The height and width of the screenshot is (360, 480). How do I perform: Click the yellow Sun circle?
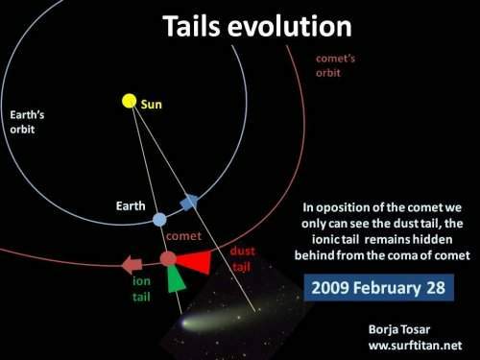pyautogui.click(x=130, y=101)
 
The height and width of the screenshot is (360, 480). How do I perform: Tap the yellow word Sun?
pyautogui.click(x=152, y=105)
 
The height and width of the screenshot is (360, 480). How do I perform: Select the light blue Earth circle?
pyautogui.click(x=159, y=220)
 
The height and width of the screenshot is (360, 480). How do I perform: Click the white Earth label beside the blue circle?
pyautogui.click(x=131, y=205)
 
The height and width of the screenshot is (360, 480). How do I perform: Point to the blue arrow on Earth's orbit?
pyautogui.click(x=189, y=202)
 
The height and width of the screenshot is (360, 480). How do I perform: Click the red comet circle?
pyautogui.click(x=168, y=258)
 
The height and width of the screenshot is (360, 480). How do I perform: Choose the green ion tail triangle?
pyautogui.click(x=176, y=279)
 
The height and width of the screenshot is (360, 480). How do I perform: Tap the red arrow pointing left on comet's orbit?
pyautogui.click(x=132, y=265)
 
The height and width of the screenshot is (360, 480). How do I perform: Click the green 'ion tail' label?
pyautogui.click(x=141, y=289)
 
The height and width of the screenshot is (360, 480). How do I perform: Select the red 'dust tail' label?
pyautogui.click(x=242, y=258)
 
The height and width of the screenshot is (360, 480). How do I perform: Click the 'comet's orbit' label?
pyautogui.click(x=335, y=65)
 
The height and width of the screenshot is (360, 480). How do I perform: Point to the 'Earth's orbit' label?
pyautogui.click(x=27, y=122)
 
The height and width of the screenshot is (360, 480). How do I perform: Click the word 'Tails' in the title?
pyautogui.click(x=191, y=26)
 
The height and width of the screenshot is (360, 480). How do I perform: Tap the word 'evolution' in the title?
pyautogui.click(x=290, y=26)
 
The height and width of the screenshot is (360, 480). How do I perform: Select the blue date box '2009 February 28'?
pyautogui.click(x=378, y=287)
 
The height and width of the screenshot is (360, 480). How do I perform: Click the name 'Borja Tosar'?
pyautogui.click(x=399, y=329)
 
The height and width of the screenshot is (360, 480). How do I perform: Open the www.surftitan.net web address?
pyautogui.click(x=415, y=346)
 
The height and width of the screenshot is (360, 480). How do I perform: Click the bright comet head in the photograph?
pyautogui.click(x=185, y=324)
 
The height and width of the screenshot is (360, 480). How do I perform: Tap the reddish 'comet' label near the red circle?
pyautogui.click(x=183, y=236)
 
